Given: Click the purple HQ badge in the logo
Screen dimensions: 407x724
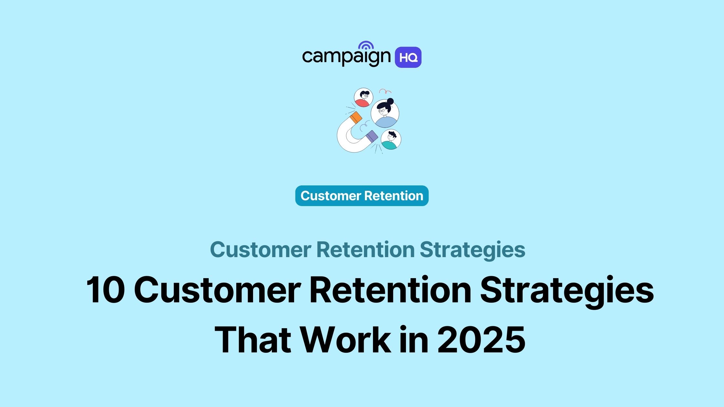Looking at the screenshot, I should (408, 57).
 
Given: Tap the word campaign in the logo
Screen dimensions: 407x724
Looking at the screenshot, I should (346, 57).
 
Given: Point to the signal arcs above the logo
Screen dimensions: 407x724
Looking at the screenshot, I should (366, 45).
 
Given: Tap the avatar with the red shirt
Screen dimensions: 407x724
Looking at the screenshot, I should (364, 97).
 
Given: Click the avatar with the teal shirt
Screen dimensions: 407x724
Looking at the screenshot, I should (391, 140).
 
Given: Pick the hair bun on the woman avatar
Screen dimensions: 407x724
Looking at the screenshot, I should (390, 101).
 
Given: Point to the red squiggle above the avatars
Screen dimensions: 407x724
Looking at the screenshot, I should (385, 91).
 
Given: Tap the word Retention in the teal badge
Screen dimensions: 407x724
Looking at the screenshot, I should (394, 196).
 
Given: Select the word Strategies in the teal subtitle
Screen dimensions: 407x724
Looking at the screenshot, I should (472, 250).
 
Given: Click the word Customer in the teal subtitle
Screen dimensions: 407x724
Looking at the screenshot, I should (261, 250).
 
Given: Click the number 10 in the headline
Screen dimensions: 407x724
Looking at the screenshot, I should (105, 290).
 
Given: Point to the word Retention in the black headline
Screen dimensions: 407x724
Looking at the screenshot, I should (390, 290).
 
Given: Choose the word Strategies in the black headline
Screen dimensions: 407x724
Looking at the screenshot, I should (567, 290).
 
